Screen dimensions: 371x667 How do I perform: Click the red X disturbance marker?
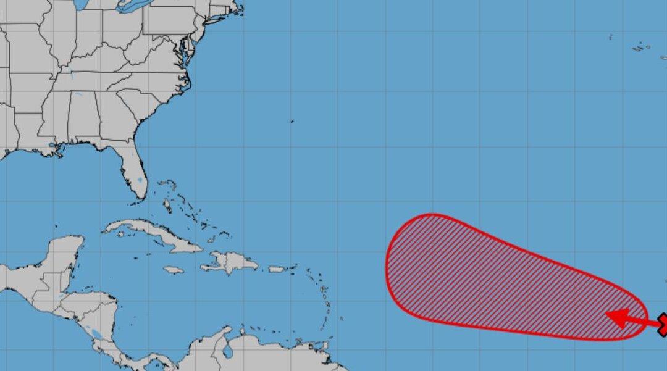[663, 323]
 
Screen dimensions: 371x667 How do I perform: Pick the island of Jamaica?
[174, 270]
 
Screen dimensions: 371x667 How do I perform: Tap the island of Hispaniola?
[232, 262]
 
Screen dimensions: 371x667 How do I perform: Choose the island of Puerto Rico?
[277, 269]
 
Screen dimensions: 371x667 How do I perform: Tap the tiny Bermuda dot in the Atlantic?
[292, 122]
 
